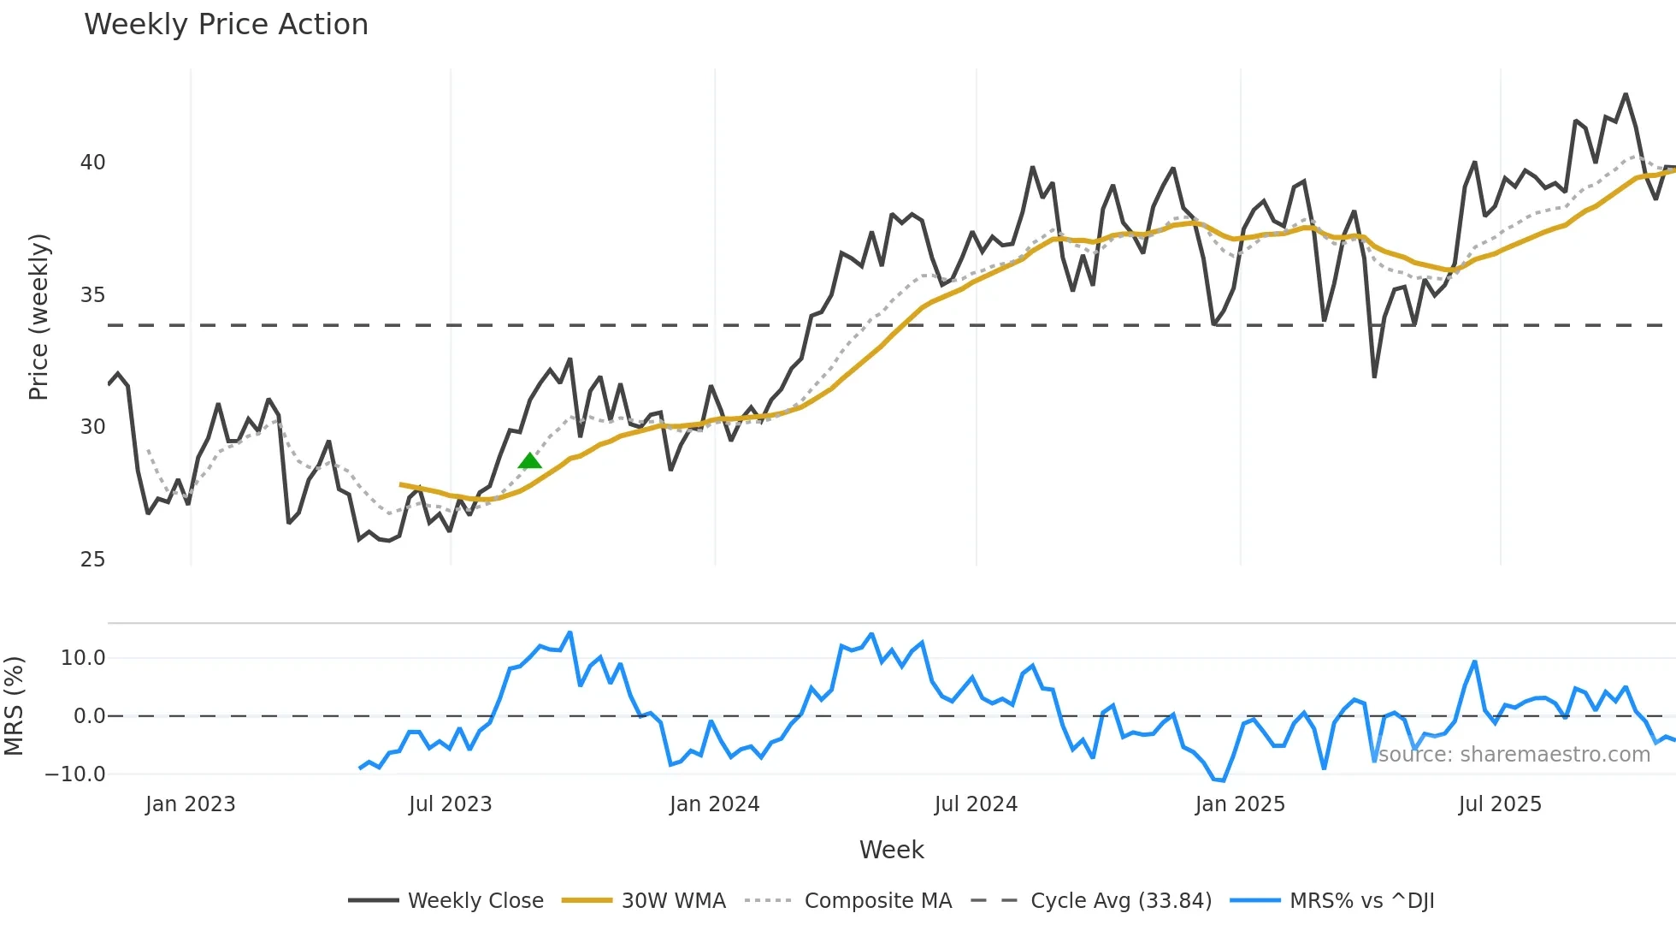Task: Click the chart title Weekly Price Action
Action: pos(226,25)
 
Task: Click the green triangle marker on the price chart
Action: pos(530,461)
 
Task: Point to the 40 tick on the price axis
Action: pos(92,163)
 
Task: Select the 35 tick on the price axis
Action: pos(92,295)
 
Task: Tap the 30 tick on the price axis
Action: pos(92,427)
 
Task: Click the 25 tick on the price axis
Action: pos(92,560)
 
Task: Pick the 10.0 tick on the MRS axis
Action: pos(83,658)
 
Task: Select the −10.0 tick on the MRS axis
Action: pos(75,774)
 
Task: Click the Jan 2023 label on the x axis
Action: pos(190,804)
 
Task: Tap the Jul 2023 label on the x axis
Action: pos(450,804)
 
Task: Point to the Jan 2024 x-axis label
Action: pos(714,804)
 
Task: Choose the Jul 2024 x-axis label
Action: pos(976,804)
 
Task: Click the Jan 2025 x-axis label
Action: pos(1240,804)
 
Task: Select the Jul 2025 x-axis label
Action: pos(1500,804)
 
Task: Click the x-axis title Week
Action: pos(891,850)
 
